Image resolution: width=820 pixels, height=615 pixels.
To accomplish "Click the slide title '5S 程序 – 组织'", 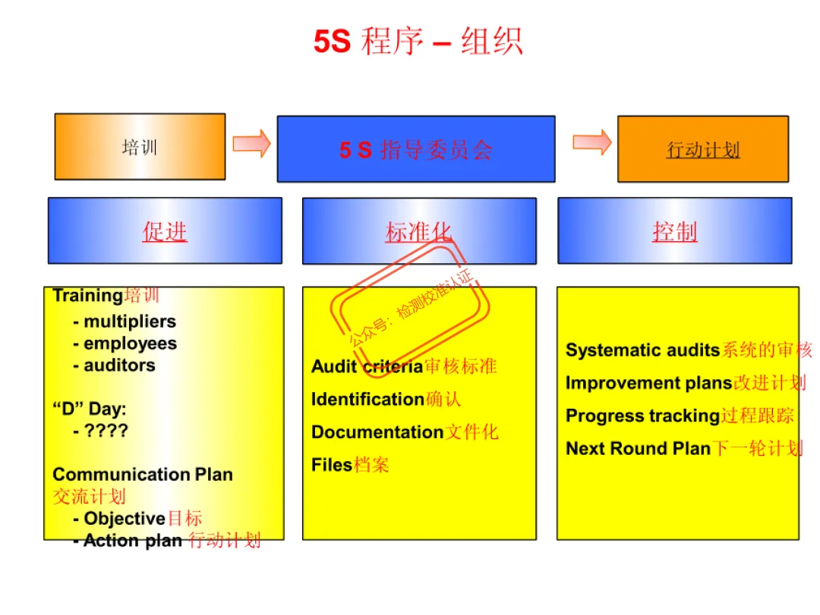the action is (x=418, y=42).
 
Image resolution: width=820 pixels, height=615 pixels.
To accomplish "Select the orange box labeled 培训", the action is (x=140, y=147).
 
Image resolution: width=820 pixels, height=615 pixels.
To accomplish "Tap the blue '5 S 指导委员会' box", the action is (x=416, y=149).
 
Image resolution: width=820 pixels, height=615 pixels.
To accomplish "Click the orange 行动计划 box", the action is (x=703, y=149).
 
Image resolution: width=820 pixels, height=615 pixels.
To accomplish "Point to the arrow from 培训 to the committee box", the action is (x=251, y=143).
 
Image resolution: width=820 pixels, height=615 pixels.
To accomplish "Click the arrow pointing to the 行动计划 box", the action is (x=592, y=142).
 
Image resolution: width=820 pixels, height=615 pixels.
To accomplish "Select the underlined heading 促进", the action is (x=165, y=231).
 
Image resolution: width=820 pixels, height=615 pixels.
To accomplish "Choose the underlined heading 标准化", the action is (x=418, y=231).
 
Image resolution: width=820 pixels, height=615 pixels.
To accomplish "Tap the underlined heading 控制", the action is (x=674, y=231).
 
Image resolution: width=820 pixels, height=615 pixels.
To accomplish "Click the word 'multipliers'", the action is (x=130, y=322).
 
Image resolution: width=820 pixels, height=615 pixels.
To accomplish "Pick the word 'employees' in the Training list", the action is (x=130, y=344).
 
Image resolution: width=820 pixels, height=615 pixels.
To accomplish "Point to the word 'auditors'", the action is (x=119, y=366).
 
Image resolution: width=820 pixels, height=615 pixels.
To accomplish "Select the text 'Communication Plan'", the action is (x=143, y=475).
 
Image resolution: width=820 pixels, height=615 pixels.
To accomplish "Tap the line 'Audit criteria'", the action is (x=367, y=367).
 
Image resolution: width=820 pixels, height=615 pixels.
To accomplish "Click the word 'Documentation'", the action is (x=377, y=432).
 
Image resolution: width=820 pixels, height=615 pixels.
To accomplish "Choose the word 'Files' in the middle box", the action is (x=332, y=465).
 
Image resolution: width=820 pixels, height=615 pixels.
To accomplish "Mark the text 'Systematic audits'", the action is (x=642, y=350).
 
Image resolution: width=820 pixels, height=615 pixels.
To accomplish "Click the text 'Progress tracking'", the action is (x=642, y=416).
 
